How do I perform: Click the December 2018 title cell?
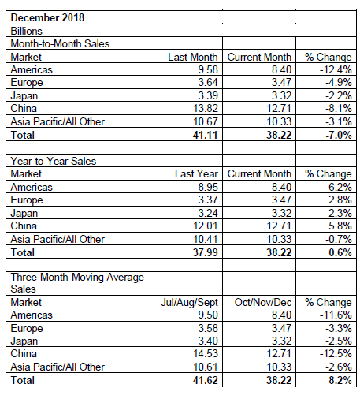coord(47,17)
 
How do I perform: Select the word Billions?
coord(26,31)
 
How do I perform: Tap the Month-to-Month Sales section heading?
coord(60,43)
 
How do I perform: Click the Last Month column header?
coord(193,57)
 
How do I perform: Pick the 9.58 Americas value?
coord(208,69)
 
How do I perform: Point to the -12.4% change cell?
coord(336,69)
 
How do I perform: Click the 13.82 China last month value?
coord(206,108)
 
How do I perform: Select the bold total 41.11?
coord(205,135)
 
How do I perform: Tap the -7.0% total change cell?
coord(339,135)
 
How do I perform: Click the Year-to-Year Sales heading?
coord(54,161)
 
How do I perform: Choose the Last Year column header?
coord(196,173)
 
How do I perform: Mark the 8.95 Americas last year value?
coord(208,187)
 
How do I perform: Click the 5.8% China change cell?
coord(340,226)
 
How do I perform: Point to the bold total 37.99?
coord(205,252)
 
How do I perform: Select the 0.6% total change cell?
coord(340,252)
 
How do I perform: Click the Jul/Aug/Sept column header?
coord(189,302)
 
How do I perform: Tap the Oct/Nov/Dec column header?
coord(263,302)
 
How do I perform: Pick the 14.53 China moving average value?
coord(206,353)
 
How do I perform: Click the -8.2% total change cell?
coord(339,380)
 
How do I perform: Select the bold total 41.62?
coord(205,380)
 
